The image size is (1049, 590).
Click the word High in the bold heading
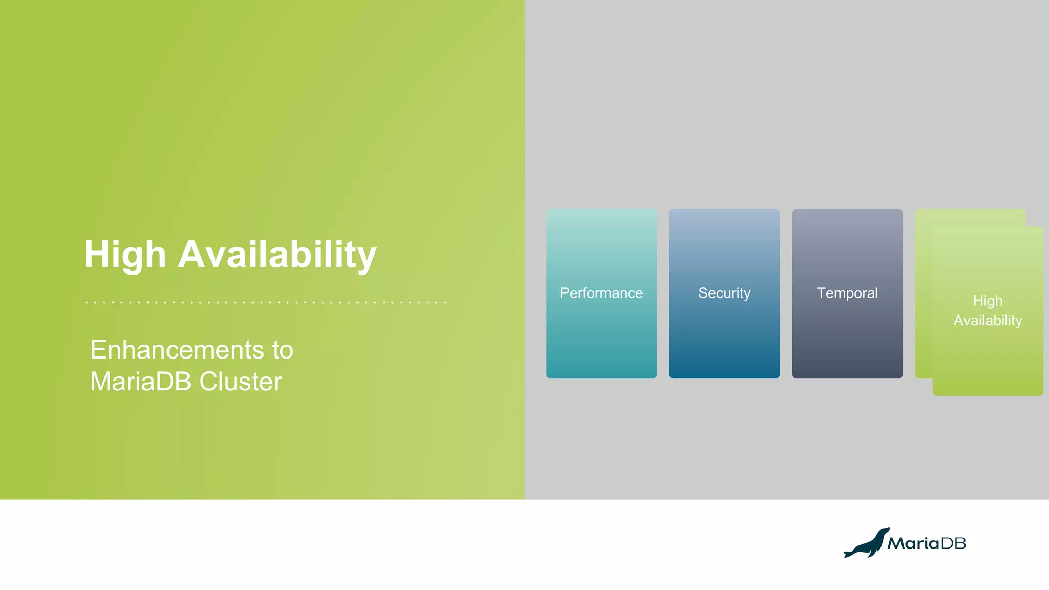125,255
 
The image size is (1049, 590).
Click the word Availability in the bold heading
277,255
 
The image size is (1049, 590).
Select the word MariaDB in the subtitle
141,382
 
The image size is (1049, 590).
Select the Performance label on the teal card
601,293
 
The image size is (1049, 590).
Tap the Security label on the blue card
724,293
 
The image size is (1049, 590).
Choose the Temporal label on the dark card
847,293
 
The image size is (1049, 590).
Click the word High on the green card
988,301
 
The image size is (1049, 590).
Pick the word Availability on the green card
988,321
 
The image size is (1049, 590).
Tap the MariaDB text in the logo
926,543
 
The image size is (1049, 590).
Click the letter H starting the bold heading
96,254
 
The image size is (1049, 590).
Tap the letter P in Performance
564,293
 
